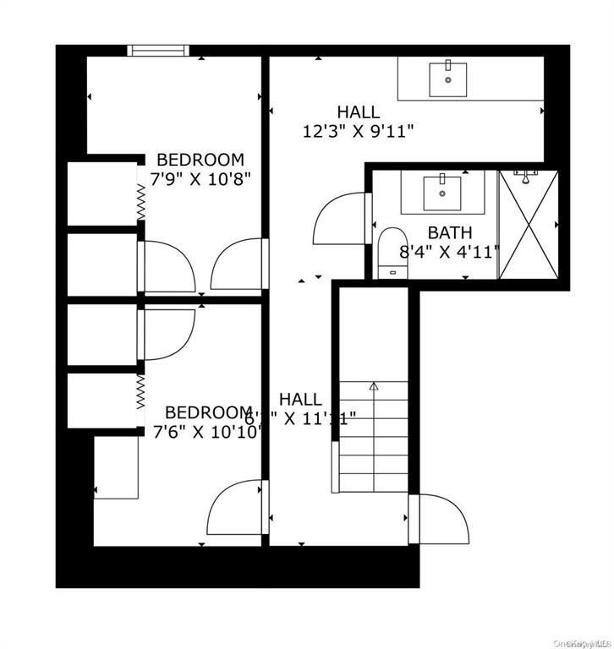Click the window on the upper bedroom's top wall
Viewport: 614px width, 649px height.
click(156, 51)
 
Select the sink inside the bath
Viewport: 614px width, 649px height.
click(441, 193)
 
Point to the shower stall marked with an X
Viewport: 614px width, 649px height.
click(528, 225)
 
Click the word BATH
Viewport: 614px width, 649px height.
click(449, 232)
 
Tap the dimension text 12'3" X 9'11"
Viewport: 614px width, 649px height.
click(358, 131)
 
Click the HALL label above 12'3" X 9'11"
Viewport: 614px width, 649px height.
click(358, 112)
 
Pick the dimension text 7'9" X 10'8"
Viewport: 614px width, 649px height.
click(200, 179)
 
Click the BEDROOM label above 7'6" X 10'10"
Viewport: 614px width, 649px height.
click(208, 412)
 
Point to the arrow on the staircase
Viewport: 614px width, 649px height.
click(374, 387)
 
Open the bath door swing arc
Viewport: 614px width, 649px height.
click(340, 218)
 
